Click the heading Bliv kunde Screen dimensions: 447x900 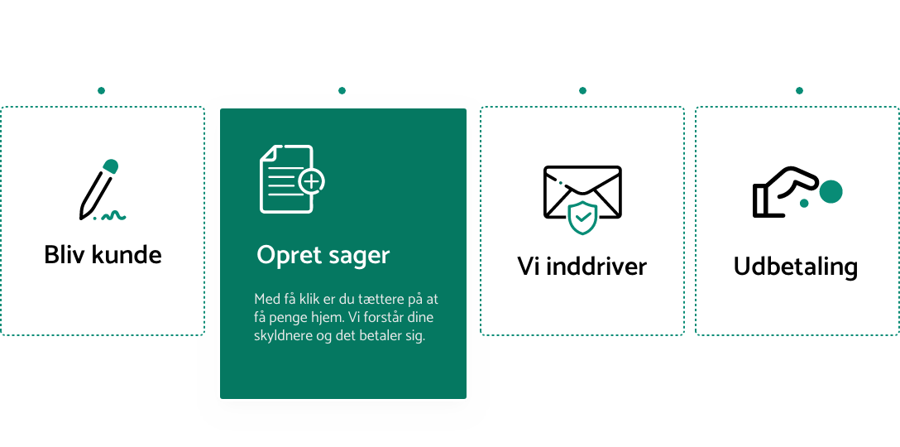103,254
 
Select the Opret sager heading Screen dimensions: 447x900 323,254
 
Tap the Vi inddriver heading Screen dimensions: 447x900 582,266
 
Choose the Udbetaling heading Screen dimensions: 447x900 795,266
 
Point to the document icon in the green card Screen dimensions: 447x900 287,179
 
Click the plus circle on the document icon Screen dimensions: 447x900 312,181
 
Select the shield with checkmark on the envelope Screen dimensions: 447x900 583,218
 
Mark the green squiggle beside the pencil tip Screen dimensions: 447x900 115,216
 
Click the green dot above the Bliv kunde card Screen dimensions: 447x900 101,90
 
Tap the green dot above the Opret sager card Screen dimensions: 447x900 342,90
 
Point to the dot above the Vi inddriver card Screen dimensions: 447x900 582,90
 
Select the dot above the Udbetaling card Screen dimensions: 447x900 799,90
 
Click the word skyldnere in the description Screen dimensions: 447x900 280,337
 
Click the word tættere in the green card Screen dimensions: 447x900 377,299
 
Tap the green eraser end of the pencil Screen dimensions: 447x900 111,165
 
